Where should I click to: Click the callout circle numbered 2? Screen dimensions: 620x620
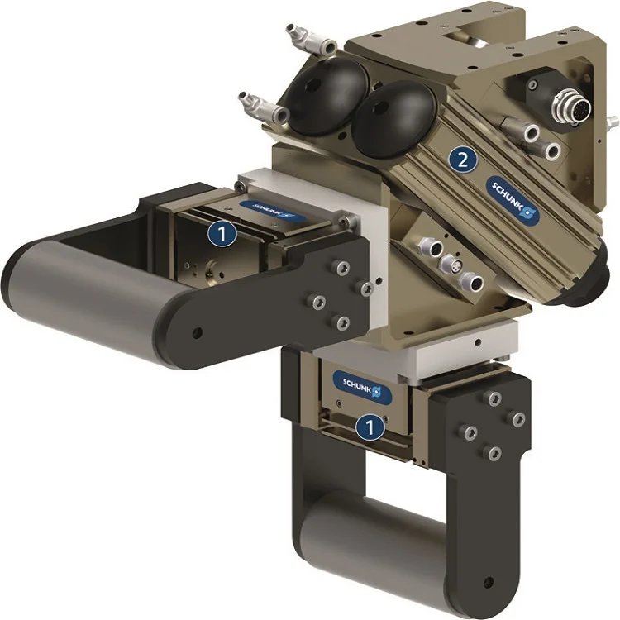464,160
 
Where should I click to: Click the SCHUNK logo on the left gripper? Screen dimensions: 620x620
268,207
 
